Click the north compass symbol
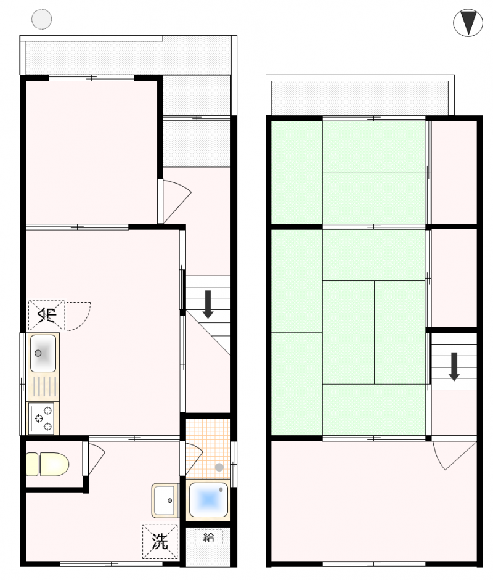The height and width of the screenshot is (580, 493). coord(468,23)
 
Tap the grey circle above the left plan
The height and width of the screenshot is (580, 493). coord(41,19)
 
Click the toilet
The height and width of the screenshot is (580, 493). coord(47,464)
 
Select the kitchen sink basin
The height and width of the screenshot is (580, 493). coord(43,354)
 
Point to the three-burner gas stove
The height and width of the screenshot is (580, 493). coord(43,419)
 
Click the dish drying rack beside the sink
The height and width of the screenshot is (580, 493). coord(43,387)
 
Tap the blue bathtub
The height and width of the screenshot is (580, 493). coord(208,500)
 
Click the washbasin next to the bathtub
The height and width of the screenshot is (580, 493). coord(165,500)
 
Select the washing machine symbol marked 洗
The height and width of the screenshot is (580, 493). coord(160,542)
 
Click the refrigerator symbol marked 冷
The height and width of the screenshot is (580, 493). coord(47,315)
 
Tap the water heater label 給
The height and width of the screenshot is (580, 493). coord(208,537)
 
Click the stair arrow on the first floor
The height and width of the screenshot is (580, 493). coord(208,304)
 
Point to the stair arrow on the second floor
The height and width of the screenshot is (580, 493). coord(454,366)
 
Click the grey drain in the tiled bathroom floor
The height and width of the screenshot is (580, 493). coord(219,467)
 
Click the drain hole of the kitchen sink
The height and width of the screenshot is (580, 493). coord(38,353)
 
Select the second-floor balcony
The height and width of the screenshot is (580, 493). coord(360,97)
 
